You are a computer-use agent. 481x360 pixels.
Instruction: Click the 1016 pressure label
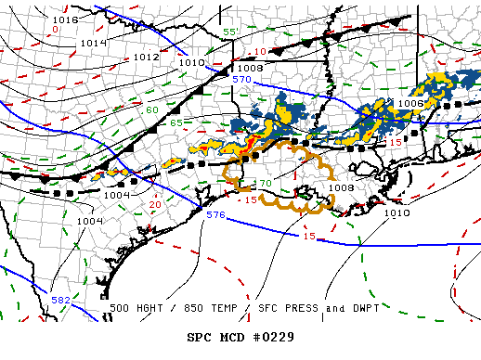(x=65, y=19)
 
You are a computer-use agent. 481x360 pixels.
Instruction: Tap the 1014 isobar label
(x=93, y=43)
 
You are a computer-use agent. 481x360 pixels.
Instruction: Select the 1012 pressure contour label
(x=146, y=57)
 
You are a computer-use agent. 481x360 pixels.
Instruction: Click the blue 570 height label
(x=242, y=80)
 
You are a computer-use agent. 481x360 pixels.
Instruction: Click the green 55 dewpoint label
(x=231, y=32)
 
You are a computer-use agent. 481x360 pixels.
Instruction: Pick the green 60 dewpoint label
(x=151, y=110)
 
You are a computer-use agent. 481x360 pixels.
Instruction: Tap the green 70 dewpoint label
(x=264, y=184)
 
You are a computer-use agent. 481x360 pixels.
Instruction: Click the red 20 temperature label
(x=155, y=204)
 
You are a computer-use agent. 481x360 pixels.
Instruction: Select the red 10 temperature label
(x=260, y=51)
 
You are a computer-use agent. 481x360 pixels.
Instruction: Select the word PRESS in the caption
(x=289, y=308)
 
